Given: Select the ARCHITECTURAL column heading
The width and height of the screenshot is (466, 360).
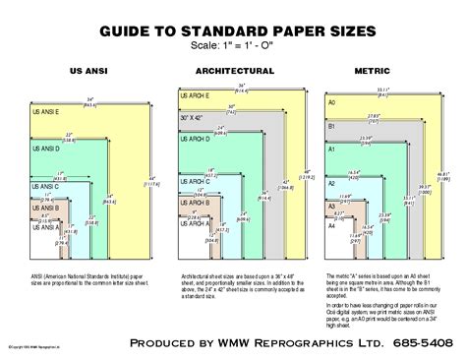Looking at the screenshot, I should click(233, 72).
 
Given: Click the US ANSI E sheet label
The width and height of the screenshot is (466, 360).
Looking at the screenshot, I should click(48, 109).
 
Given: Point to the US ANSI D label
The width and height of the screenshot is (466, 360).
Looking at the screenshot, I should click(48, 149).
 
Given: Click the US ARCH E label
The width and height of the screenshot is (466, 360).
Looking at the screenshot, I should click(194, 96).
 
